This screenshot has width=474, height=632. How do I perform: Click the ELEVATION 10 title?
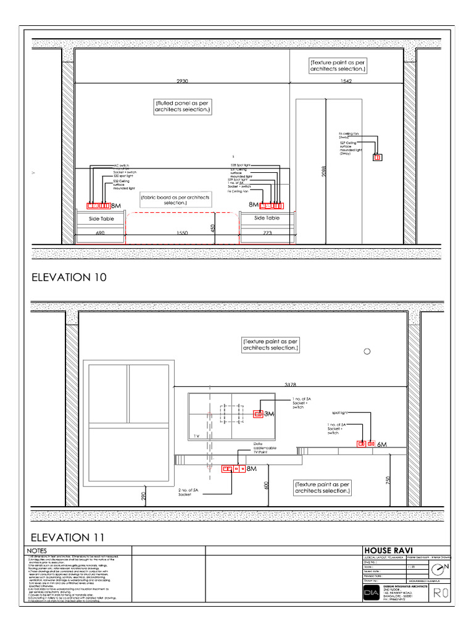click(x=69, y=277)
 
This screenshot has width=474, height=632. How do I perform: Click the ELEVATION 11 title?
click(x=69, y=537)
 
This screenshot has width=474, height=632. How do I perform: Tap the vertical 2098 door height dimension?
click(x=323, y=172)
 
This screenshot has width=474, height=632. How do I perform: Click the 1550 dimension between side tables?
click(x=181, y=233)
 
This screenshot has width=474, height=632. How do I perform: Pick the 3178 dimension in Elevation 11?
click(x=291, y=385)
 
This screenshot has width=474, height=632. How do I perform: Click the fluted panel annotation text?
click(x=183, y=106)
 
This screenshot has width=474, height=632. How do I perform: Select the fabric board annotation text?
click(x=175, y=199)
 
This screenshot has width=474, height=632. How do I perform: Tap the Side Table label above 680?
click(x=102, y=218)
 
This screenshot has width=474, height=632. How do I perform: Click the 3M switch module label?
click(x=269, y=414)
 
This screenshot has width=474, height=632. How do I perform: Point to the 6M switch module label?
click(x=381, y=444)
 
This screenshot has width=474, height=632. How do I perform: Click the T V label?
click(x=196, y=436)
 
